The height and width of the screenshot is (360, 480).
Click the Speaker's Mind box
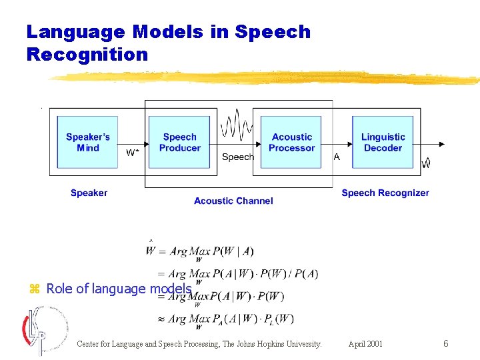point(88,142)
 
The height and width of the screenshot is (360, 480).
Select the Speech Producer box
point(179,142)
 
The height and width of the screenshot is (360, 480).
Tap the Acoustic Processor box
point(291,142)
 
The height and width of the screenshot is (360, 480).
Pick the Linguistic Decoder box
point(383,142)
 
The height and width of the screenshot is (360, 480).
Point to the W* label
point(133,153)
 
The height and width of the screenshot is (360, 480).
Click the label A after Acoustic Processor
point(337,157)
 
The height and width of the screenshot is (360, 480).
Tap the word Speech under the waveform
point(237,157)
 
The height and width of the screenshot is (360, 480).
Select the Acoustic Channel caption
point(233,201)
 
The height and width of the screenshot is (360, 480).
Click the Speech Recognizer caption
point(385,193)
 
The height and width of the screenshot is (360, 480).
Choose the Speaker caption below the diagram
point(89,193)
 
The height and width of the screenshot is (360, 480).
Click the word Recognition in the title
point(87,54)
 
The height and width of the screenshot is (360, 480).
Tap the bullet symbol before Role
point(35,289)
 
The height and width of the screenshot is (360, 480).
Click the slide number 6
point(446,344)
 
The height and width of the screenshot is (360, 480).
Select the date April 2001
point(365,344)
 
